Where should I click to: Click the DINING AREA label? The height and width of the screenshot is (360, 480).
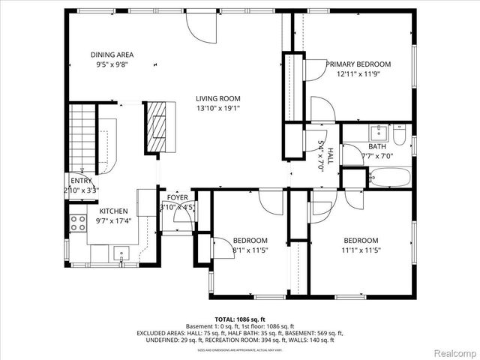click(112, 55)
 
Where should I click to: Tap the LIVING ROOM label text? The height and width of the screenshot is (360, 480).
click(218, 98)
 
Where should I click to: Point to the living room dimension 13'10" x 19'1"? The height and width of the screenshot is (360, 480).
click(218, 109)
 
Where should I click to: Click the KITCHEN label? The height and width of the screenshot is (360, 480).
click(114, 211)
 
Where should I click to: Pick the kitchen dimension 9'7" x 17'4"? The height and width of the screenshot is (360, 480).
click(114, 221)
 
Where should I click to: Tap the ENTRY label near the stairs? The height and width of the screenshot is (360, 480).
click(81, 181)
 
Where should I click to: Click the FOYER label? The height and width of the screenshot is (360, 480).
click(166, 197)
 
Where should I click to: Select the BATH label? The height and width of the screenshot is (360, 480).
click(376, 147)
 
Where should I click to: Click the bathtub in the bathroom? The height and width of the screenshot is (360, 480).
click(388, 178)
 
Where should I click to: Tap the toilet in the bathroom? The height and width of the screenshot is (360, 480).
click(399, 138)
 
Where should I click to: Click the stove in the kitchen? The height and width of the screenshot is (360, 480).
click(77, 222)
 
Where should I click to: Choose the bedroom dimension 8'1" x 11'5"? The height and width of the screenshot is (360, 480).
click(250, 250)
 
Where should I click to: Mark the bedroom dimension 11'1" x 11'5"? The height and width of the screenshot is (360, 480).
click(361, 250)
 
